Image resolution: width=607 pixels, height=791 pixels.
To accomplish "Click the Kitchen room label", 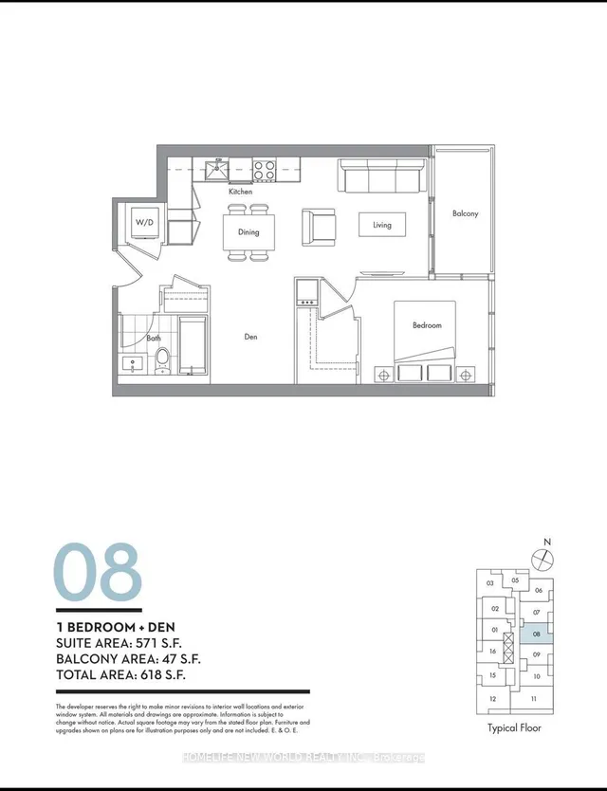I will pos(239,192).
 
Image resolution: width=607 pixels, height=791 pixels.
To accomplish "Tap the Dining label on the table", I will pos(248,231).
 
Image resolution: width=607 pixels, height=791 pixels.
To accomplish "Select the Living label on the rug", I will pos(382,225).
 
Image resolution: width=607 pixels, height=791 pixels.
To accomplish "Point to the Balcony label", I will pos(465,213).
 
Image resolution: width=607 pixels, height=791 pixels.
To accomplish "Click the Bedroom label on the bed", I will pos(426,325).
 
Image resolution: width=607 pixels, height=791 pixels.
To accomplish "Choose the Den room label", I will pos(250,337).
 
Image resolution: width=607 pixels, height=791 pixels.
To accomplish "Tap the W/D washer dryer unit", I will pos(145,223).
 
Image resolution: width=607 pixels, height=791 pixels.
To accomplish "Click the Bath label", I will pos(154,339).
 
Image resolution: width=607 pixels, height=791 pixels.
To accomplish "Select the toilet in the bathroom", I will pos(162,359).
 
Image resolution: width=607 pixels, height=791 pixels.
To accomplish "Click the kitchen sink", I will pos(217,171).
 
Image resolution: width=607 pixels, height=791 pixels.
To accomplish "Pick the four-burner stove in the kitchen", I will pos(265,171).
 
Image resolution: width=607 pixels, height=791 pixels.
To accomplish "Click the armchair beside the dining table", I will pos(319,226).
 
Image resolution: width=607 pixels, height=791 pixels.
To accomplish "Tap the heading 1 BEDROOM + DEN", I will pos(117,627).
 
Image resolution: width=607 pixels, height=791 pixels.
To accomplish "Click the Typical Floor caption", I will pos(514,728).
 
